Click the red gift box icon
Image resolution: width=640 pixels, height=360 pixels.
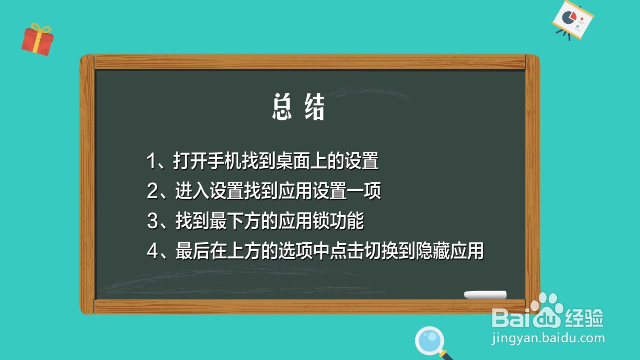pyautogui.click(x=37, y=41)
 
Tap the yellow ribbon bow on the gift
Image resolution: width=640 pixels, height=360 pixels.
pyautogui.click(x=41, y=29)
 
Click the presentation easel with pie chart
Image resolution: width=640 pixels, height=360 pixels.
pyautogui.click(x=573, y=20)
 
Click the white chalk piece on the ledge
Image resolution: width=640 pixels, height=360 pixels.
pyautogui.click(x=485, y=295)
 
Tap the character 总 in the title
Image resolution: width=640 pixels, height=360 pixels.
pyautogui.click(x=282, y=107)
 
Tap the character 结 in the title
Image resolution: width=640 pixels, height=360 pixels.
pyautogui.click(x=314, y=107)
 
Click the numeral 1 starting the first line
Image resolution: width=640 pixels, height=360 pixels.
pyautogui.click(x=151, y=161)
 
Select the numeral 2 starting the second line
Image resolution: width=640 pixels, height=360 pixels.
pyautogui.click(x=152, y=191)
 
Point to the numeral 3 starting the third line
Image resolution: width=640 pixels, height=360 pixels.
pyautogui.click(x=152, y=221)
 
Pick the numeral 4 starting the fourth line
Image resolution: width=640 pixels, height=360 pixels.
pyautogui.click(x=152, y=251)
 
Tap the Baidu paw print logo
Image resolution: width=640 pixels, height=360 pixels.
pyautogui.click(x=547, y=310)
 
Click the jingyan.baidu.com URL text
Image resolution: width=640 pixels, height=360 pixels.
pyautogui.click(x=548, y=338)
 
